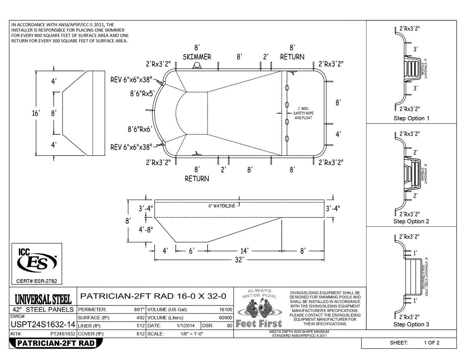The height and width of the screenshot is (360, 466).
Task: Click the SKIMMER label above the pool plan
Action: [x=197, y=57]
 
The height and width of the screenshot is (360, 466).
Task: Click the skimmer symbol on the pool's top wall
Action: [x=197, y=66]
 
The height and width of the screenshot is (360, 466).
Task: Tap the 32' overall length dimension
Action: [x=239, y=260]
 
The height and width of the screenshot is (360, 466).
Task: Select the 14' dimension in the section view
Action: [x=244, y=251]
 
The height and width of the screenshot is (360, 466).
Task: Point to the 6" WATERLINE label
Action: [x=221, y=206]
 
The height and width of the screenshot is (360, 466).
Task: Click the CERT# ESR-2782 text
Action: [x=36, y=281]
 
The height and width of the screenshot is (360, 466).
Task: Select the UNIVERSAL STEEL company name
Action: [x=43, y=299]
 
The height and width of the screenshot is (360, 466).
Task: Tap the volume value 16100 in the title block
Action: [x=225, y=309]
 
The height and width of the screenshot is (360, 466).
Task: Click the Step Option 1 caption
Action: [x=411, y=118]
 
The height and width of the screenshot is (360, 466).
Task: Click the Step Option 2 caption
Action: [x=411, y=221]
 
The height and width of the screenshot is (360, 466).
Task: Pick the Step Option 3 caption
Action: [x=411, y=325]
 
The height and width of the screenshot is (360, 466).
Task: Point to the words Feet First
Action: [x=259, y=324]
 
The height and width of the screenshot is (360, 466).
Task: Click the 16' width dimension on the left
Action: [x=36, y=113]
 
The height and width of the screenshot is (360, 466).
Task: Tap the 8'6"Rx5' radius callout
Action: [x=142, y=93]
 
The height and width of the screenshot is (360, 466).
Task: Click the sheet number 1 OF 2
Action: [x=432, y=343]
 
